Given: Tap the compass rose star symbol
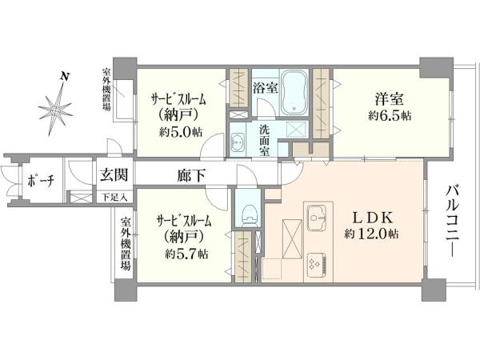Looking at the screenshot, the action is pos(55,110).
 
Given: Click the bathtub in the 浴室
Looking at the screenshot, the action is pos(294,93).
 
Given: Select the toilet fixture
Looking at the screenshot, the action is pos(248,214).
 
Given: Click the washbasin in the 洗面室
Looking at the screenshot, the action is pos(238,142).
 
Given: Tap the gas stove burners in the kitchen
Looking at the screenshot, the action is pos(316,263).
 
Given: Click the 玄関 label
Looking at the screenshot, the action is pos(114,175).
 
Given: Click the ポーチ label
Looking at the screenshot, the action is pos(41,181).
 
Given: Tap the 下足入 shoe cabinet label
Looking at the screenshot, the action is pos(114,198).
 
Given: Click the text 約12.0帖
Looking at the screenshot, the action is pos(370,234).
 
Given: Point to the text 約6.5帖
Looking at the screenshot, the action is pos(390,116).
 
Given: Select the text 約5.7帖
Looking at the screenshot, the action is pos(186,254).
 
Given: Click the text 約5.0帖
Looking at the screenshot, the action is pos(181,132).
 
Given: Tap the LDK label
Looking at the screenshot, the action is pos(372,218).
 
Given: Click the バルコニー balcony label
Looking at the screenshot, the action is pos(452,221).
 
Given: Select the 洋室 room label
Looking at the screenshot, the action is pos(390,99).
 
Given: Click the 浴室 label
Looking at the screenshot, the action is pos(266,88).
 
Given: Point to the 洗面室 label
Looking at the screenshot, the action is pos(265,141).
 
